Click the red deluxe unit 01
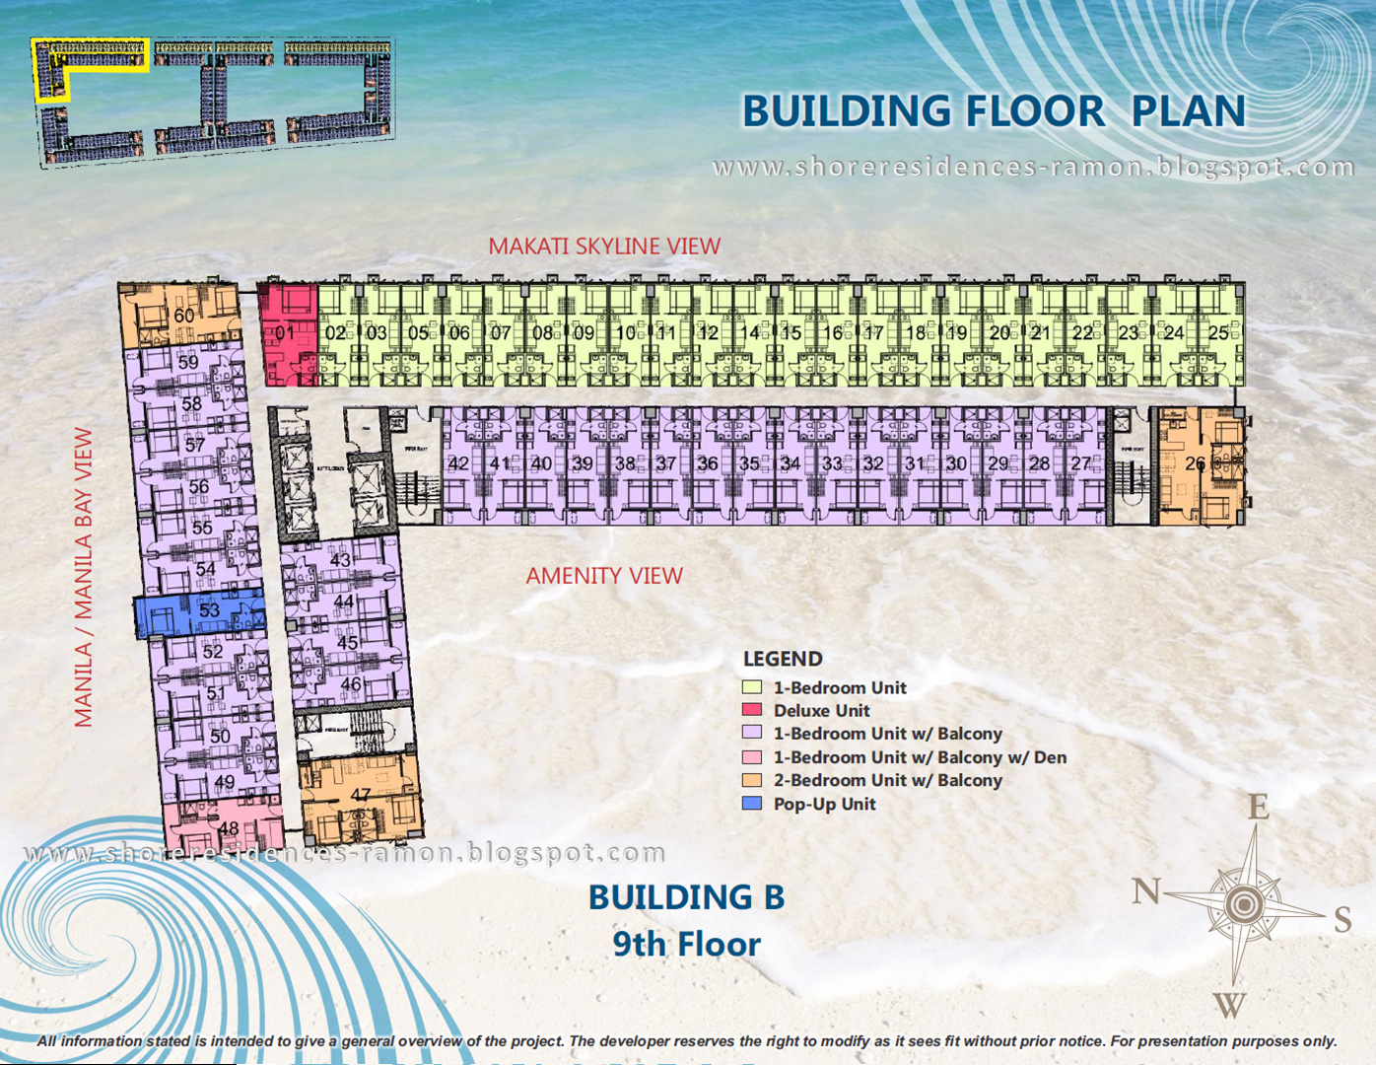[x=288, y=333]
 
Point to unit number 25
[x=1218, y=333]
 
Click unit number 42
[x=458, y=462]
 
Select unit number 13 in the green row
[x=730, y=333]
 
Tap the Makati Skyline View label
[x=604, y=247]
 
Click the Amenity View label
[x=603, y=576]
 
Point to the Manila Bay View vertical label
[x=84, y=578]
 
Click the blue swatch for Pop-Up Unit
[x=752, y=804]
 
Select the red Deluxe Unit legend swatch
[x=752, y=710]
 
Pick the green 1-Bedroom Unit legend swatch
[x=752, y=687]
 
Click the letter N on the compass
[x=1145, y=891]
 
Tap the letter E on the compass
[x=1258, y=808]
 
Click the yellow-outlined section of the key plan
[x=91, y=59]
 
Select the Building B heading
[x=686, y=897]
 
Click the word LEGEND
[x=783, y=659]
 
